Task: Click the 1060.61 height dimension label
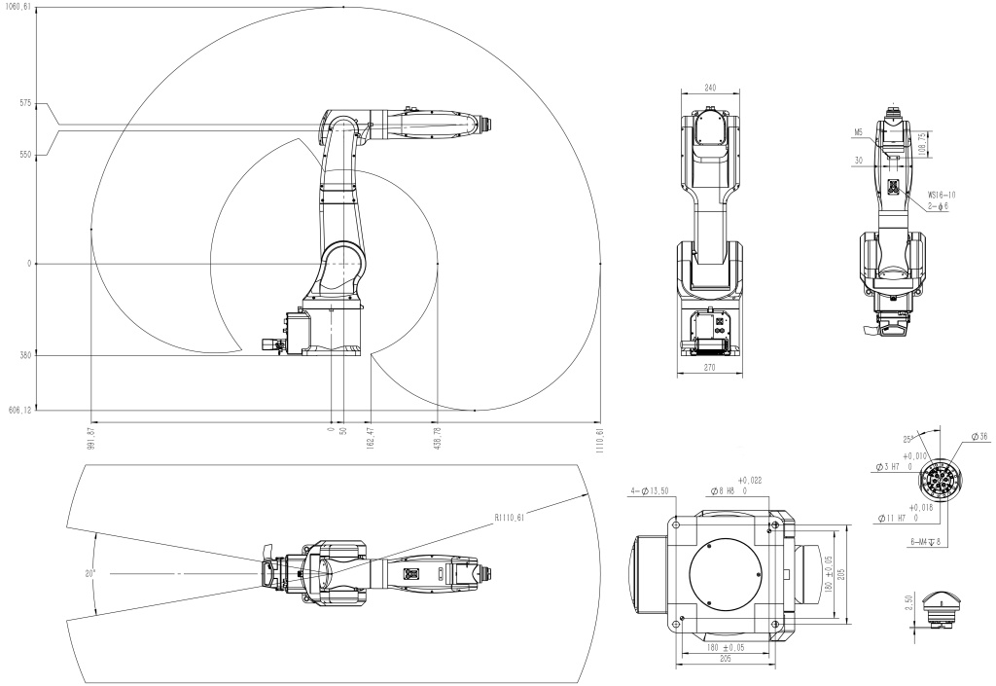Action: (18, 6)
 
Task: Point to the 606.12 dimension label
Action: (19, 411)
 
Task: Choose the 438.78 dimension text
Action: (439, 437)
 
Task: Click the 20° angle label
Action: (89, 573)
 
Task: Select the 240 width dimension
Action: (710, 88)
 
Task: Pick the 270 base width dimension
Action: (710, 369)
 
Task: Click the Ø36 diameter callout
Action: (977, 436)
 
